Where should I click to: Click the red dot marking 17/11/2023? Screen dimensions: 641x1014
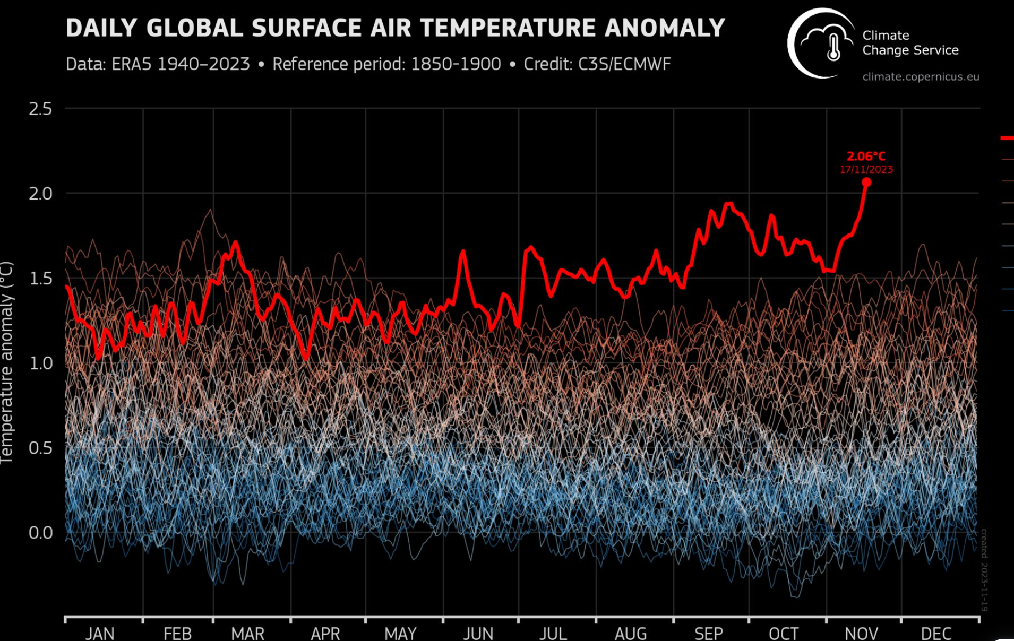(x=866, y=183)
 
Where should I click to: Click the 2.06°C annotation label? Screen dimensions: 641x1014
(x=866, y=157)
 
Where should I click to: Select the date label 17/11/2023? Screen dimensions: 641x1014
(x=866, y=170)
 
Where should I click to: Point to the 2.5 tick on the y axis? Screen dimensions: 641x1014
(x=40, y=109)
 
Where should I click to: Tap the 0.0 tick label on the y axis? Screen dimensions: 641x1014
(x=40, y=533)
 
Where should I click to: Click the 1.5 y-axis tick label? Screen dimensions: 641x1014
(x=40, y=279)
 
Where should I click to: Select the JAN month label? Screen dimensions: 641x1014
(x=100, y=633)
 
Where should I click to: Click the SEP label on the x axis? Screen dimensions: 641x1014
(x=708, y=633)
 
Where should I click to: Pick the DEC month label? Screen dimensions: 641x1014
(x=936, y=633)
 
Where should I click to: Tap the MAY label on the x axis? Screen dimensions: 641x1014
(x=400, y=633)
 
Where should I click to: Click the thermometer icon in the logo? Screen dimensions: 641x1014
(x=833, y=47)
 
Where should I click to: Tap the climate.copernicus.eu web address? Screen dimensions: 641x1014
(x=921, y=77)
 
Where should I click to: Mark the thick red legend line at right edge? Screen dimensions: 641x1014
(x=1007, y=138)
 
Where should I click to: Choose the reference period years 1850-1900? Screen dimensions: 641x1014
(x=456, y=64)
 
